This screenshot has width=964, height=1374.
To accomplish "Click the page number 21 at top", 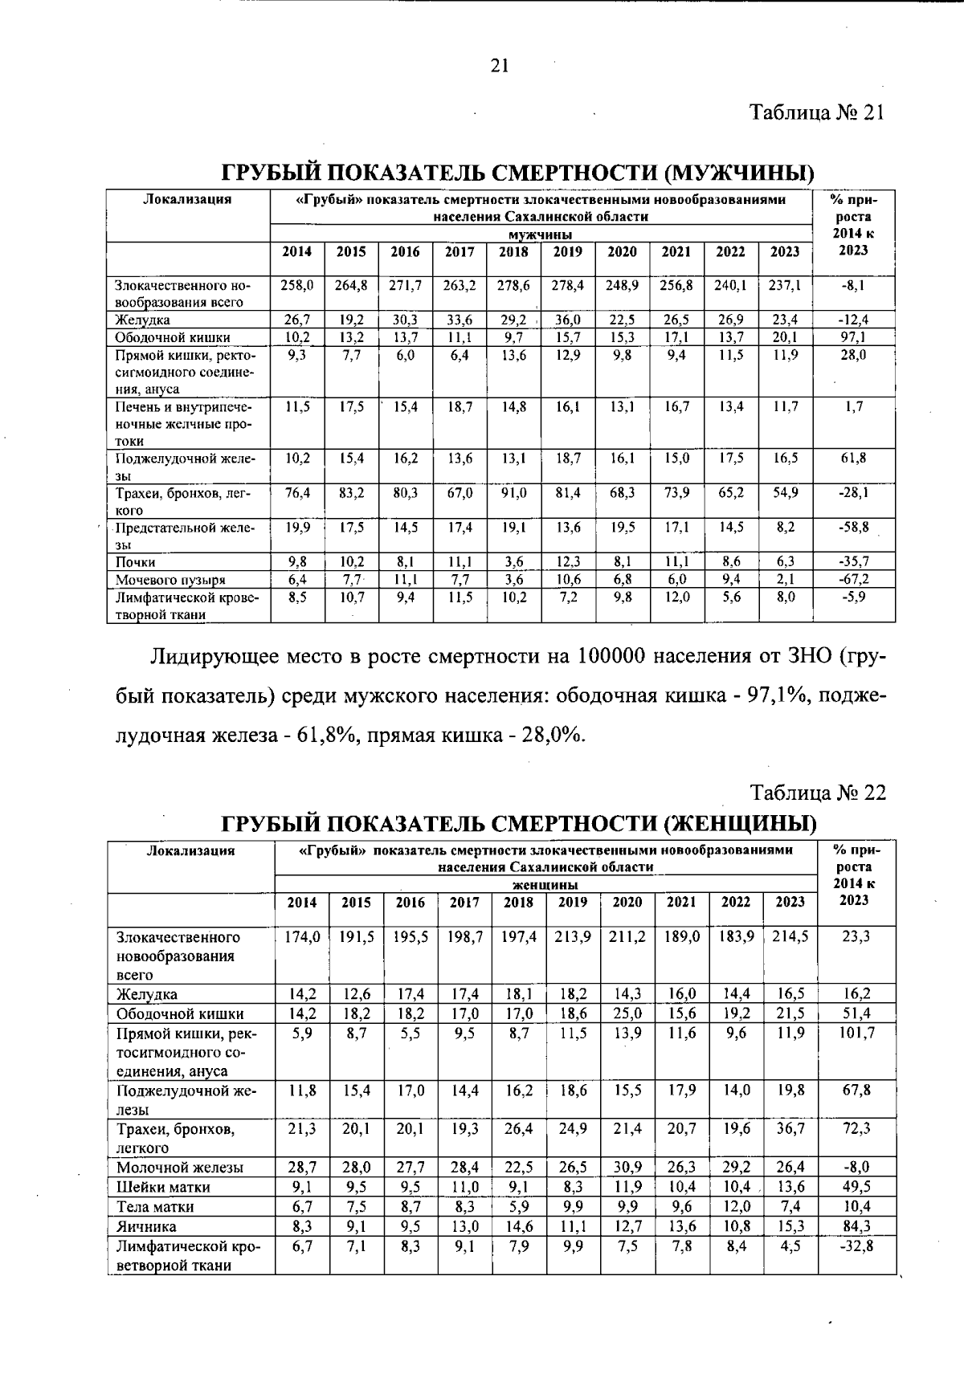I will coord(499,66).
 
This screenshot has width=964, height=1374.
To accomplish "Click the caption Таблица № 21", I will coord(817,112).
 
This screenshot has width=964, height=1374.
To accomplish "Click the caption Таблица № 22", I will coord(818,793).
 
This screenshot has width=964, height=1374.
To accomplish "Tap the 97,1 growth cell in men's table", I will coord(853,337).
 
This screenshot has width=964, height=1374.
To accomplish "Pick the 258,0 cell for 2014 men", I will coord(297,285).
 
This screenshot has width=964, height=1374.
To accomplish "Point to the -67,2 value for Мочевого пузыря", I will coord(853,579).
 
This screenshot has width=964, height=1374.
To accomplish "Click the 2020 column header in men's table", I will coord(622,251).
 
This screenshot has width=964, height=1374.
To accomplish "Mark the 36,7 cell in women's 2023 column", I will coord(790,1128).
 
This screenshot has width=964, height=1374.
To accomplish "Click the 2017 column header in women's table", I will coord(464,902).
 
